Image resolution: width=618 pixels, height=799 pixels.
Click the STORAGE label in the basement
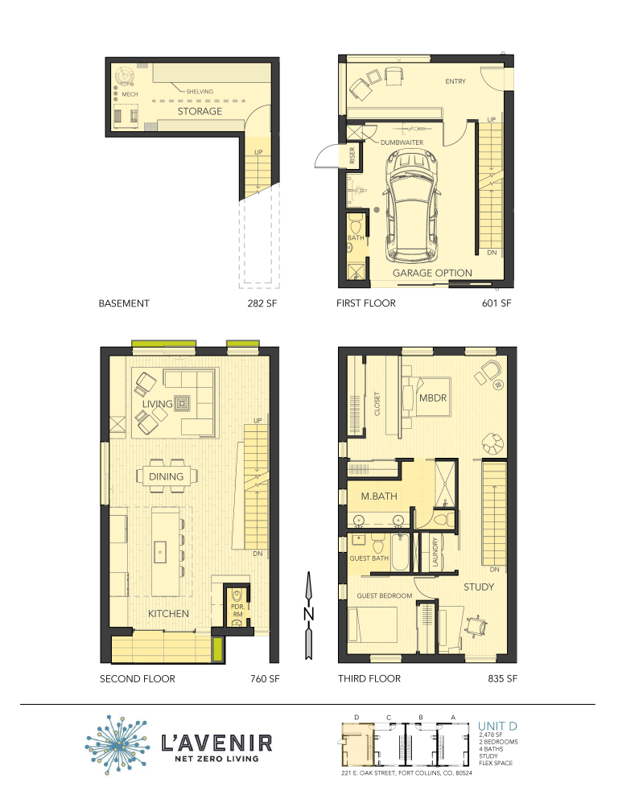(x=200, y=111)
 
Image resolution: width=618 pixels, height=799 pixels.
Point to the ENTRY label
(x=455, y=81)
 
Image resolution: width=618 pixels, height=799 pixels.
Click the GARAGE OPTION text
(x=432, y=274)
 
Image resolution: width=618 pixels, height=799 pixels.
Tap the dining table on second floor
(x=166, y=476)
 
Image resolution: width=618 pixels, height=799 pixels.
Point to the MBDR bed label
(x=433, y=397)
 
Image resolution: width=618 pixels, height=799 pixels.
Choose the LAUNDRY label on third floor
(x=435, y=553)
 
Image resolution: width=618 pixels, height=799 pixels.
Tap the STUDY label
(x=478, y=587)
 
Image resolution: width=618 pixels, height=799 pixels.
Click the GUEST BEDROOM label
(x=385, y=595)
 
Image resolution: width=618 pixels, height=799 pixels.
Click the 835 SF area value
(x=501, y=678)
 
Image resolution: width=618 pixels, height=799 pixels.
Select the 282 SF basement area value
(x=263, y=303)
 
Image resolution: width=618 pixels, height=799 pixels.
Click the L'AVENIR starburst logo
(x=119, y=743)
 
